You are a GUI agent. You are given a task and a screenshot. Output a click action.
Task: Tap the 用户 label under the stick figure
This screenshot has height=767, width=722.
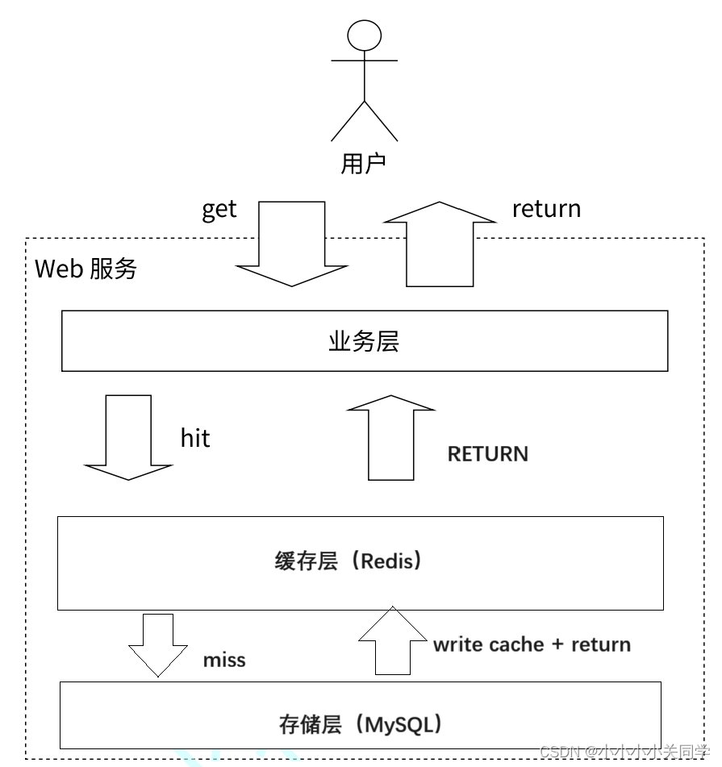tap(364, 164)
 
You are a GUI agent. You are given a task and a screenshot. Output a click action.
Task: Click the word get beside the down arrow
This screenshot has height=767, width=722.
tap(219, 209)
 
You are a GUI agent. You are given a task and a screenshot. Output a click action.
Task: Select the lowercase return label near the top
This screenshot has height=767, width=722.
tap(546, 208)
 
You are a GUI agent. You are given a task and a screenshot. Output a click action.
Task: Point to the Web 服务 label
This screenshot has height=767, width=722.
tap(86, 269)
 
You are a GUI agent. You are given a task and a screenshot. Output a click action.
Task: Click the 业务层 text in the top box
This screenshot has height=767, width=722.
tap(364, 341)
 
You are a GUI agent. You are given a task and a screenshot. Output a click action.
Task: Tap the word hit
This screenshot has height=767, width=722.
tap(194, 438)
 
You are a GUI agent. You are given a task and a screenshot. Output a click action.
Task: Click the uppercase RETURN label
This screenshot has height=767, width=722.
tap(487, 454)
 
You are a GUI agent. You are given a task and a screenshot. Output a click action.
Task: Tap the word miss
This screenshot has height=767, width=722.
tap(224, 660)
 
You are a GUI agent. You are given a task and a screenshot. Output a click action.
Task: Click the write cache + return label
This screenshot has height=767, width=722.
tap(532, 644)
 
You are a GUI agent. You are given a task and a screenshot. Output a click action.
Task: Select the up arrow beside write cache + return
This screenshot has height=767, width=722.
tap(392, 641)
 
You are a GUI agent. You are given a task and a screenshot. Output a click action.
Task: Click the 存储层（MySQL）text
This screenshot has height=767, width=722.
tap(361, 724)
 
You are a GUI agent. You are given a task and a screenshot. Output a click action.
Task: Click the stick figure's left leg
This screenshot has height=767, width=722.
tap(348, 122)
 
